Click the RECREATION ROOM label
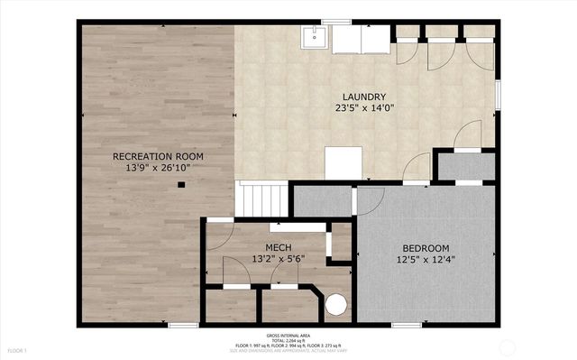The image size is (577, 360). click(x=158, y=156)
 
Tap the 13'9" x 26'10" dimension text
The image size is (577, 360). click(x=158, y=169)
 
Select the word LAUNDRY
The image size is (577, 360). click(x=364, y=97)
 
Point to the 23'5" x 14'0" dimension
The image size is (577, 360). click(x=364, y=109)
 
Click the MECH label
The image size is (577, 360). click(x=278, y=246)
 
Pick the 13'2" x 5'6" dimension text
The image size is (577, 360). click(x=278, y=259)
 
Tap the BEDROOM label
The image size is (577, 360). click(x=426, y=248)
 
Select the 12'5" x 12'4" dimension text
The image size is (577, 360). click(x=426, y=261)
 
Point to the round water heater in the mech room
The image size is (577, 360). click(x=336, y=305)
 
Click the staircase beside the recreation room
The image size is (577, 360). click(x=263, y=198)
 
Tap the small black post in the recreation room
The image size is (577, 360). click(x=181, y=185)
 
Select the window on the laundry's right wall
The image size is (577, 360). click(x=498, y=95)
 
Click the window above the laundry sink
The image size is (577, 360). click(x=336, y=22)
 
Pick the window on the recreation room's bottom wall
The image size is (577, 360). click(x=183, y=325)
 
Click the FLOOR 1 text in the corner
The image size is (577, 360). click(x=18, y=350)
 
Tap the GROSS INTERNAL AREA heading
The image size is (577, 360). click(x=288, y=334)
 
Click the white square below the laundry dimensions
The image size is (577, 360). click(x=343, y=163)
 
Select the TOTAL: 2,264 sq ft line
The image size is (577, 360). click(x=288, y=339)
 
